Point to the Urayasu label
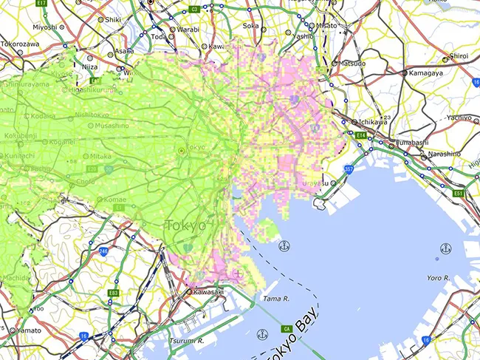(314, 182)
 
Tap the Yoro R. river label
(439, 277)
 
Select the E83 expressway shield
(113, 293)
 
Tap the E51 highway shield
(459, 193)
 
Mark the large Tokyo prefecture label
(185, 225)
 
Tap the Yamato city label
(29, 330)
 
